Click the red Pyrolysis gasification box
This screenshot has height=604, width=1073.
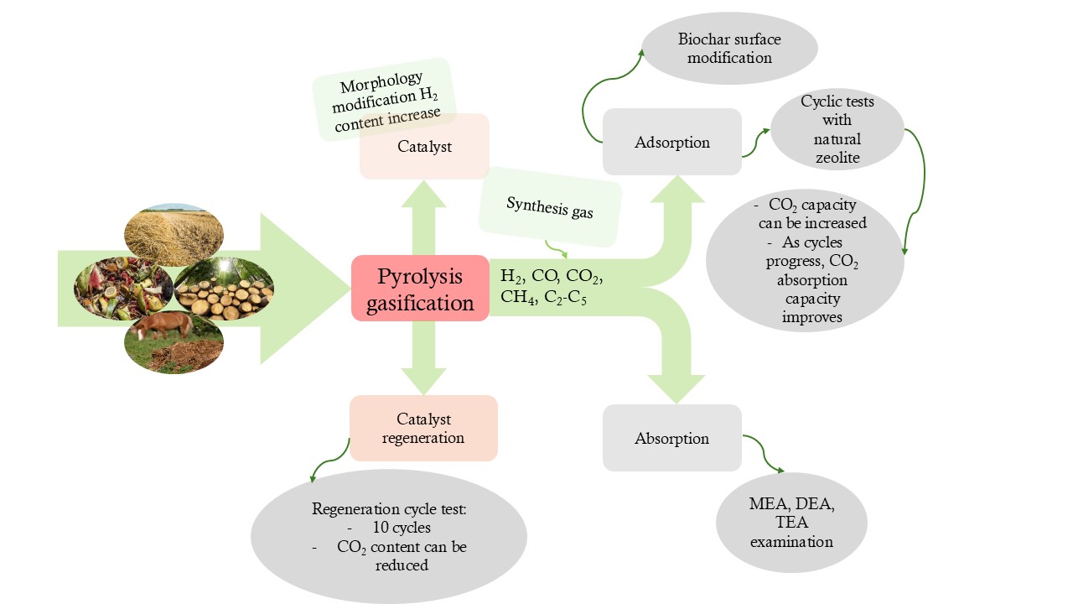[419, 288]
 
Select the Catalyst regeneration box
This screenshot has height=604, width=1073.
[423, 428]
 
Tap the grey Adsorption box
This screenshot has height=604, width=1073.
[671, 142]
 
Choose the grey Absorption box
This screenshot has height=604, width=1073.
[671, 438]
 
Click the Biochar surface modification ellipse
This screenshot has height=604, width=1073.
[728, 49]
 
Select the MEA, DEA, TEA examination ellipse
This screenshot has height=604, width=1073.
[791, 522]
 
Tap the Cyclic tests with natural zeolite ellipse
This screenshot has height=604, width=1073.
[837, 130]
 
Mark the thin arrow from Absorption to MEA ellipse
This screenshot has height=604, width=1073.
[765, 454]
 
